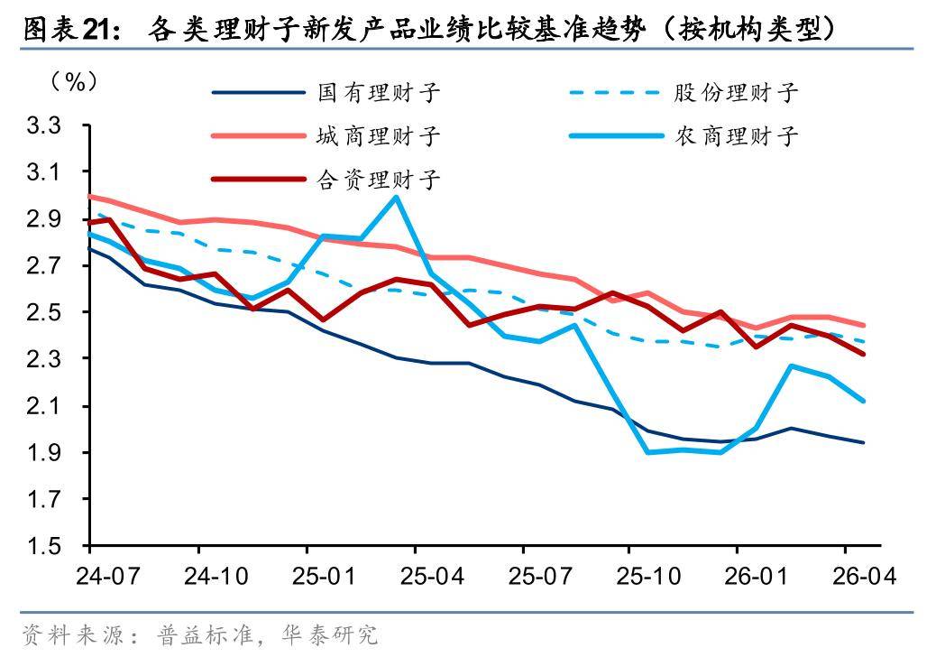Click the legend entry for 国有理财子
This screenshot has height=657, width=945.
[326, 92]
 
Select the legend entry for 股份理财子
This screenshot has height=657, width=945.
[684, 92]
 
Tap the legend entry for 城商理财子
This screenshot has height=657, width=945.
[326, 135]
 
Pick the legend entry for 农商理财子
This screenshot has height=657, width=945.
[684, 135]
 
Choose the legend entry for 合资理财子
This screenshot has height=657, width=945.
[326, 180]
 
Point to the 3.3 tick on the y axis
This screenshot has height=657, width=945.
[44, 125]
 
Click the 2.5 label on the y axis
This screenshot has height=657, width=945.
[44, 312]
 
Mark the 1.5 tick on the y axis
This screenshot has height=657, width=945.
[44, 546]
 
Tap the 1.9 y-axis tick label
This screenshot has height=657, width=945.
[44, 452]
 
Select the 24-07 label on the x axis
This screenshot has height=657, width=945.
[108, 576]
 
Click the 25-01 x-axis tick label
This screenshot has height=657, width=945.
[324, 576]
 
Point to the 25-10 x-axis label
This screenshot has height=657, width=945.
[647, 576]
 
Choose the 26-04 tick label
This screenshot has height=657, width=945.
[864, 576]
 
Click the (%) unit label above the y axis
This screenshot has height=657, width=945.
[74, 81]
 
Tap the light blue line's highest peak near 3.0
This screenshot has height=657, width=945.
[396, 197]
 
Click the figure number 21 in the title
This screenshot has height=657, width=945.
[98, 28]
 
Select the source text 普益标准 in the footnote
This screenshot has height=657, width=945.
[205, 634]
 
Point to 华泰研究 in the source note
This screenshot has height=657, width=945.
[329, 634]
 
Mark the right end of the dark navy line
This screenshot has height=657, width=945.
[864, 442]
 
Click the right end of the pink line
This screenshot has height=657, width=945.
[864, 325]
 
